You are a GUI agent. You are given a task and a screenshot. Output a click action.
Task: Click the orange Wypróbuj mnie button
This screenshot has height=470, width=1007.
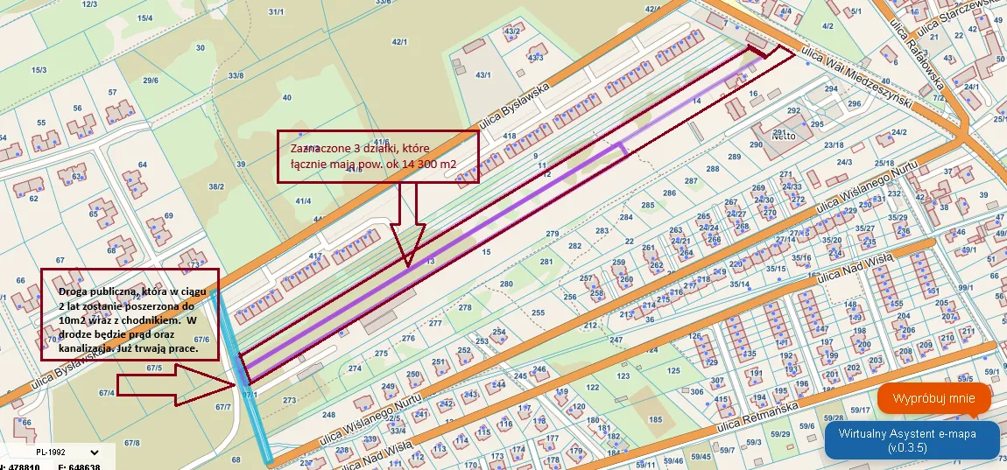[933, 399]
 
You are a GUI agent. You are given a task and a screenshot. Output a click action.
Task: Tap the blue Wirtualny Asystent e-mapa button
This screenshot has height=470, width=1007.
[912, 440]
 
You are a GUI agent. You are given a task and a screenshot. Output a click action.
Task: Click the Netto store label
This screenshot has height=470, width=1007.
[783, 136]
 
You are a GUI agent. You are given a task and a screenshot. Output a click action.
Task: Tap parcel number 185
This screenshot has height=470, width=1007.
[654, 420]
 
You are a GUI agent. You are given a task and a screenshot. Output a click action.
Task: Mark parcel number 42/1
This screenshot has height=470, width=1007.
[400, 42]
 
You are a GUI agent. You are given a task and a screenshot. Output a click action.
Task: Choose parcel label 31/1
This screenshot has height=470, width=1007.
[277, 12]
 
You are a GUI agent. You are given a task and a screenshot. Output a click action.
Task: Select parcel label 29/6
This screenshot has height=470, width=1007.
[151, 81]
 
